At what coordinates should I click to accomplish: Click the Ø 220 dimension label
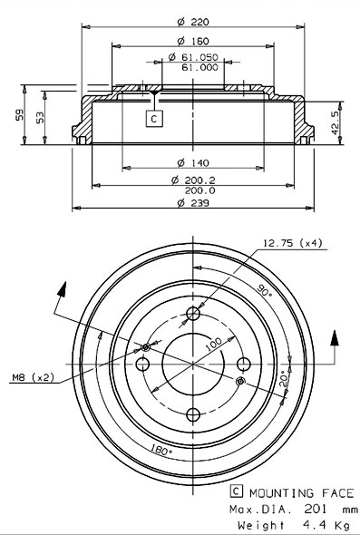coord(193,22)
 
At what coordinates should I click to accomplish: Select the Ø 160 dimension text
coord(193,42)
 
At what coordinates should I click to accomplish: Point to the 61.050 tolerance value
coord(199,57)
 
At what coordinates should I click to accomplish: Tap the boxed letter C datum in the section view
coord(154,119)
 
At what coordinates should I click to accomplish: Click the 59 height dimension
coord(20,114)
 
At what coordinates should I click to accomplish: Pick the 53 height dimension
coord(40,117)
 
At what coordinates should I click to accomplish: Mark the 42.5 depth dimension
coord(336,122)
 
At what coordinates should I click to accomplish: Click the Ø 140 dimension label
coord(193,162)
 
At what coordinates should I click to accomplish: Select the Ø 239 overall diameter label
coord(193,203)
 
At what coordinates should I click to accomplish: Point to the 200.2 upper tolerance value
coord(200,180)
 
